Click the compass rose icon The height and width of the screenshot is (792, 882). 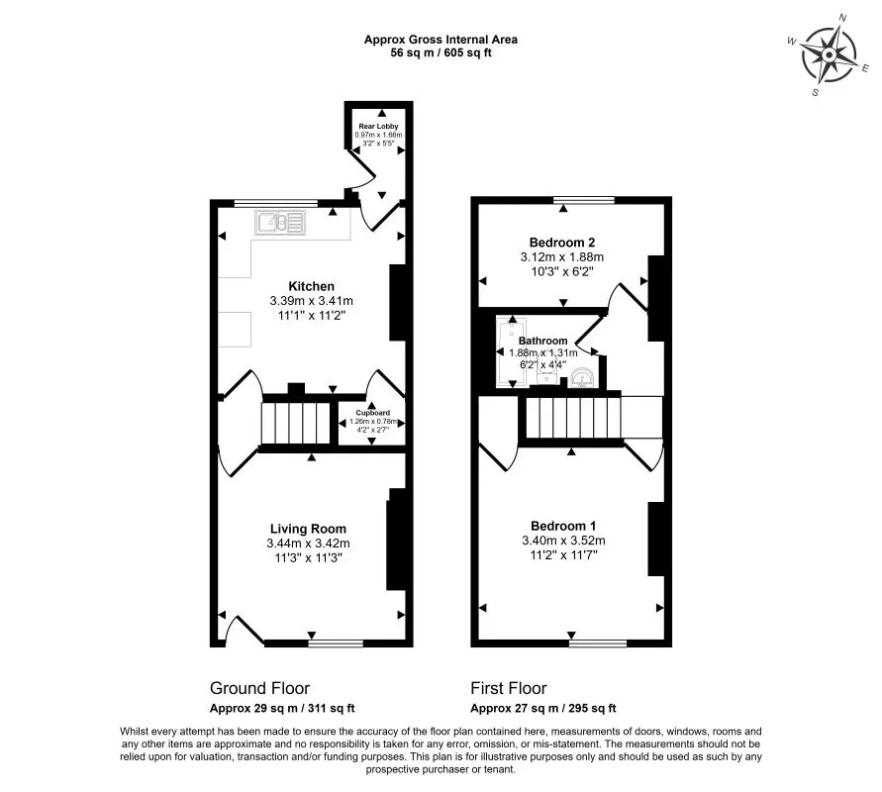click(830, 55)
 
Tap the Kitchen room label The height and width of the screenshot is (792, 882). click(311, 286)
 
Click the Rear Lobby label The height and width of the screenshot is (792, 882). click(378, 126)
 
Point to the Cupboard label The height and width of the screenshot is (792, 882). click(372, 412)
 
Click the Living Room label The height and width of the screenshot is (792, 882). click(307, 529)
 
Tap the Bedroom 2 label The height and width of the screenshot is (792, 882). click(561, 242)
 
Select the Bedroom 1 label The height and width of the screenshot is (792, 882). click(562, 526)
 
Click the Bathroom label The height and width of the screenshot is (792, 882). click(543, 341)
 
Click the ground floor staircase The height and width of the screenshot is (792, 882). click(295, 423)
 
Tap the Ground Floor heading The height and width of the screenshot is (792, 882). click(259, 688)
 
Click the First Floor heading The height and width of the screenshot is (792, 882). click(509, 688)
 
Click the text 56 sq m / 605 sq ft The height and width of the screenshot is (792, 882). click(441, 53)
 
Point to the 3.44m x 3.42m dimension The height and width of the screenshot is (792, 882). click(308, 543)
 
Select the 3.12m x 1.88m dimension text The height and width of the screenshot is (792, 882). click(561, 256)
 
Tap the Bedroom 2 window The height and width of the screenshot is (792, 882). click(583, 200)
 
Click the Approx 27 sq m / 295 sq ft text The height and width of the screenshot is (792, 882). click(542, 708)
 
